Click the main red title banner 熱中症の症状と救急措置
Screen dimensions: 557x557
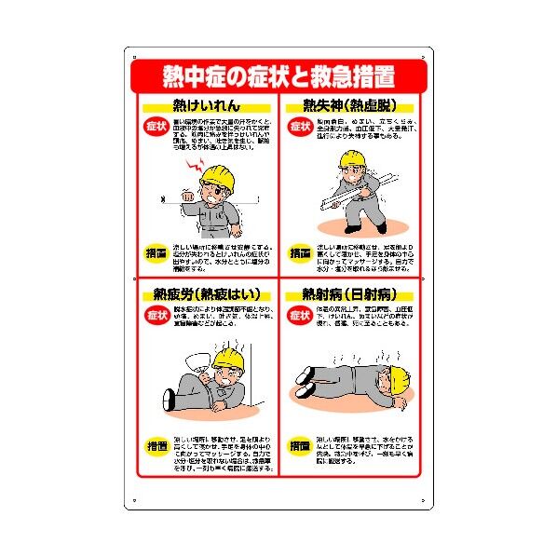pos(278,73)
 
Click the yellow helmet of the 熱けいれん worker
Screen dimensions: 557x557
pos(220,176)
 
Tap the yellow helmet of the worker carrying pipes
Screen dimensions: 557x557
pos(354,161)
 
